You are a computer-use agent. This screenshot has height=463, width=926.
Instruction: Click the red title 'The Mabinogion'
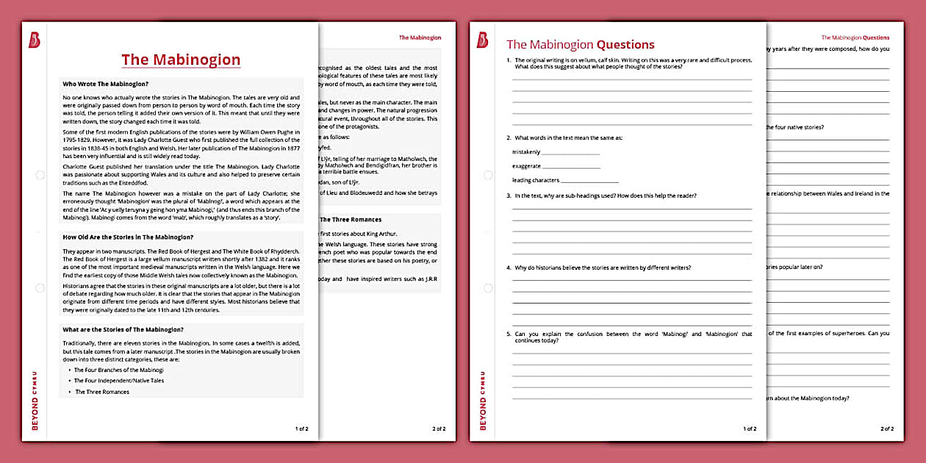coord(181,60)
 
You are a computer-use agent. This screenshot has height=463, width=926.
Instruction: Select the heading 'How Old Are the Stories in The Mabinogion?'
coord(128,237)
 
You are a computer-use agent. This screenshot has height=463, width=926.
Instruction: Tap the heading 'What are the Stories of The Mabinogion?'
coord(123,329)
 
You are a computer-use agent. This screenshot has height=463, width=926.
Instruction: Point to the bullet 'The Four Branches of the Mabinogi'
coord(118,370)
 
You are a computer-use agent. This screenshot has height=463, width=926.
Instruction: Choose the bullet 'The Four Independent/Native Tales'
coord(118,381)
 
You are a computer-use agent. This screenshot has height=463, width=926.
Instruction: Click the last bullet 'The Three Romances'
coord(102,392)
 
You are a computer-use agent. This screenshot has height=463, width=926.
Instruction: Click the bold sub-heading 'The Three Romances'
coord(351,219)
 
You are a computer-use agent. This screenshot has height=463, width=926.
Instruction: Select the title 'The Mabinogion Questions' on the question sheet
coord(580,45)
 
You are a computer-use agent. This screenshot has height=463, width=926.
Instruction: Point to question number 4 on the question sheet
coord(509,268)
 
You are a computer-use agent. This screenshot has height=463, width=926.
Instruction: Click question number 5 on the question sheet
coord(509,334)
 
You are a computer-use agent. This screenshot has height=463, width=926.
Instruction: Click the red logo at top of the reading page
coord(34,40)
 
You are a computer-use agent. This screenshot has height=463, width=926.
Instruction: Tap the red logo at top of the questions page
coord(482,40)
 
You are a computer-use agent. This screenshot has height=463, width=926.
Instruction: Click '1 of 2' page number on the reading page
coord(301,428)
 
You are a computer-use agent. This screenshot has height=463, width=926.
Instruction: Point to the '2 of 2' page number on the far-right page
coord(887,428)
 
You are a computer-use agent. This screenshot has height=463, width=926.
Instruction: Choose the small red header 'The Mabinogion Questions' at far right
coord(855,37)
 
